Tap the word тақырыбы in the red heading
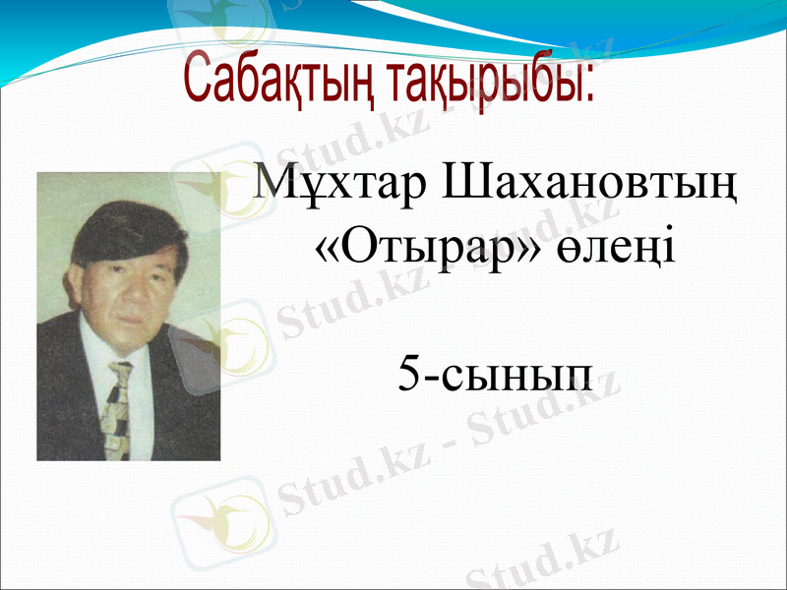487,80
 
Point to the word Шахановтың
590,185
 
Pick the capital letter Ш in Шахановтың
467,183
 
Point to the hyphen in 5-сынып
432,377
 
